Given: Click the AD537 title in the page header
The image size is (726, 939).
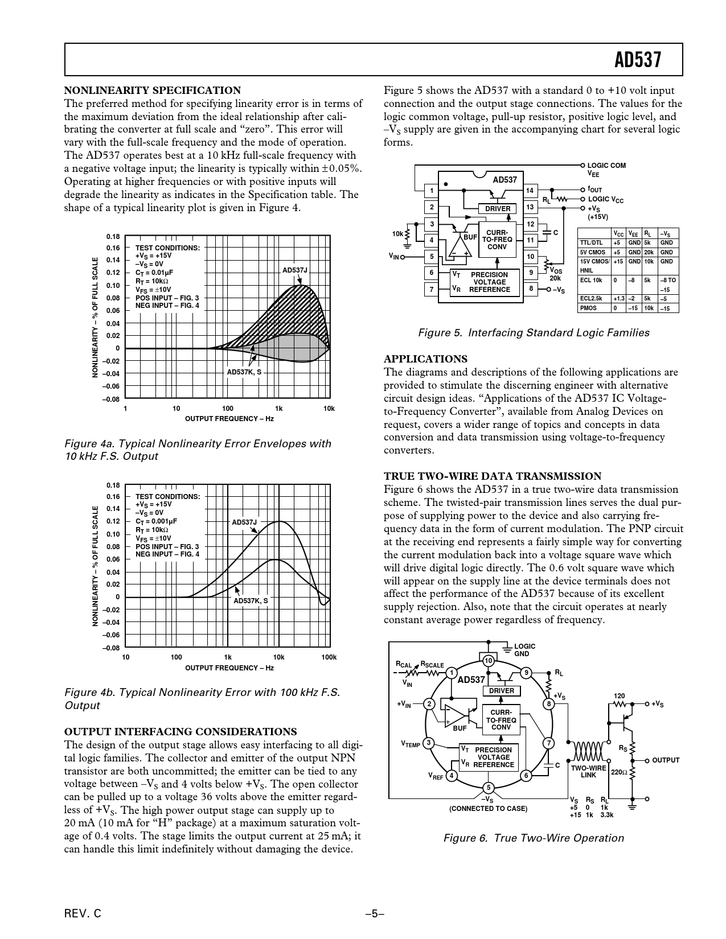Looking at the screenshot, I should [x=638, y=60].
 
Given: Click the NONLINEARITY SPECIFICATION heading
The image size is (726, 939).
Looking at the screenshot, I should [x=153, y=90].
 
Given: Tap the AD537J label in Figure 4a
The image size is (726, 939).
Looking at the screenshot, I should [x=295, y=270].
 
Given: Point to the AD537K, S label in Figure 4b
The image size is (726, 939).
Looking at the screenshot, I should [x=251, y=600].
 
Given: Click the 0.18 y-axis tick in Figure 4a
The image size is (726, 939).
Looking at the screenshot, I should [x=113, y=236].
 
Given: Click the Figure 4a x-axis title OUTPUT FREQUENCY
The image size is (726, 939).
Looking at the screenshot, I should [x=229, y=419].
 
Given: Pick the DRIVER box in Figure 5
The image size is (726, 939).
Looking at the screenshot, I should [x=498, y=209].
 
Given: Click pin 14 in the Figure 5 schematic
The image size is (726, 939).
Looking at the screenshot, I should [x=530, y=191].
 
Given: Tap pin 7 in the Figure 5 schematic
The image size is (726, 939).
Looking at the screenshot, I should [x=432, y=289].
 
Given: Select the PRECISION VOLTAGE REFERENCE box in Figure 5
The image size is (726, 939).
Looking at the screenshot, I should [x=489, y=282].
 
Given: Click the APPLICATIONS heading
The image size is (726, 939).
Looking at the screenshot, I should [x=425, y=359].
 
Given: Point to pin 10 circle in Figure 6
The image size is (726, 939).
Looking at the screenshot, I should [x=488, y=661].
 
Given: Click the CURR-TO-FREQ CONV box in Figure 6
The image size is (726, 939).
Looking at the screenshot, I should [x=501, y=720].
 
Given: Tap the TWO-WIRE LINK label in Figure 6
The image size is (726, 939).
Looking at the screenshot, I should [x=588, y=771].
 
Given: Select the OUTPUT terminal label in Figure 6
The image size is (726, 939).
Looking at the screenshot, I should [x=666, y=760].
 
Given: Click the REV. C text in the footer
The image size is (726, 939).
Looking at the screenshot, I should [x=83, y=914].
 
